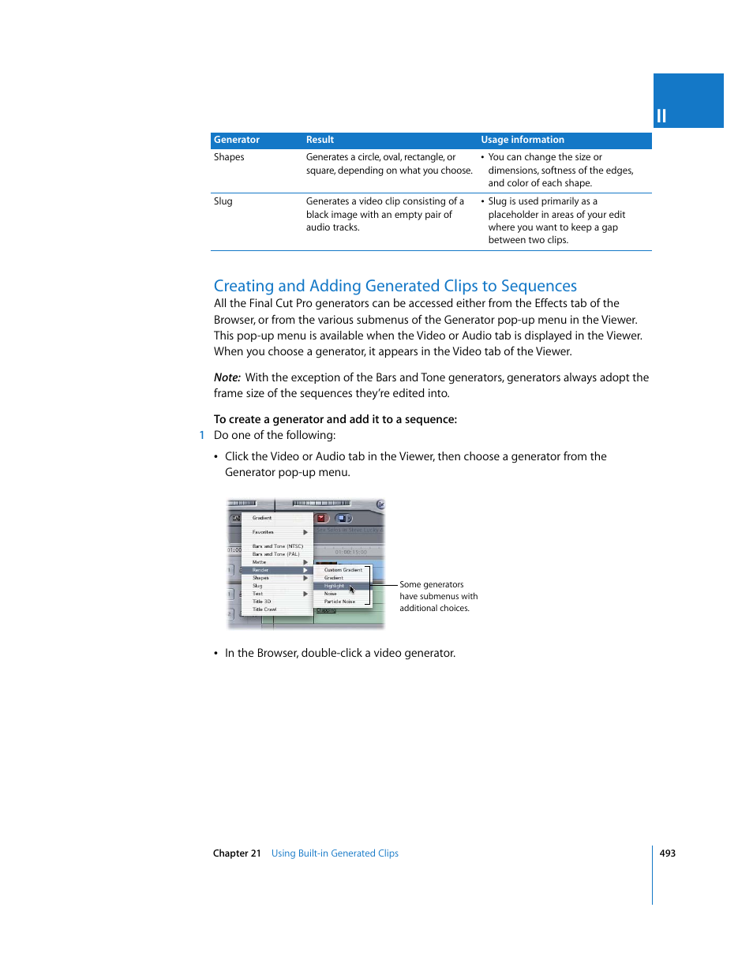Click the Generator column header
[237, 140]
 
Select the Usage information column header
[523, 140]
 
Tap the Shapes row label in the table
[229, 157]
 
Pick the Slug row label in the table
[223, 201]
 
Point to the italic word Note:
[227, 377]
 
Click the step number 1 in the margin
[202, 435]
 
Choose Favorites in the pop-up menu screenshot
[263, 532]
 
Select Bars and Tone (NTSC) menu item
[277, 546]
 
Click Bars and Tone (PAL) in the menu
[275, 554]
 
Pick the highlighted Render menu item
[260, 570]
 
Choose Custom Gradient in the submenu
[343, 570]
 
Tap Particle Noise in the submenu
[339, 602]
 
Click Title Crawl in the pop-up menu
[264, 609]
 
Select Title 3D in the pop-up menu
[261, 602]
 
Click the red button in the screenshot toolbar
[321, 518]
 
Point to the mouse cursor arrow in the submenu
[352, 589]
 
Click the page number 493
[668, 853]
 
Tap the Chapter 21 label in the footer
[237, 853]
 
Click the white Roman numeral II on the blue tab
[661, 116]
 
